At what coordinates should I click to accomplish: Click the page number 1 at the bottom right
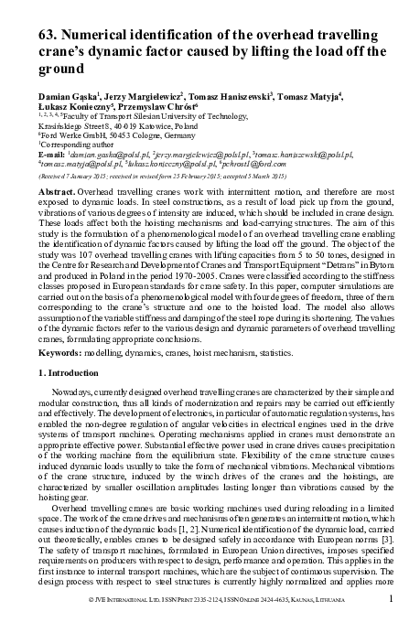coord(391,599)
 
